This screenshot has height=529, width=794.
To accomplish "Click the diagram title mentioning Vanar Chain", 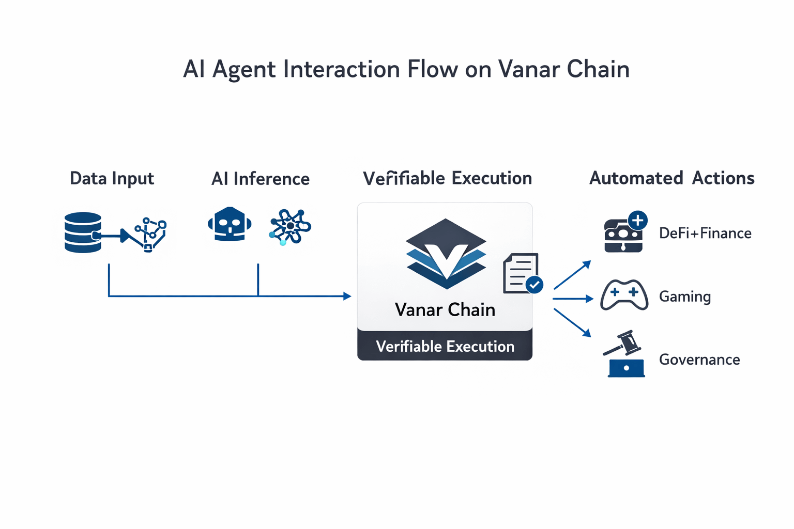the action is click(406, 69).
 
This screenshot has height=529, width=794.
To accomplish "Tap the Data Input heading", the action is click(112, 178).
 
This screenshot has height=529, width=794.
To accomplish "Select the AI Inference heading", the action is click(261, 179).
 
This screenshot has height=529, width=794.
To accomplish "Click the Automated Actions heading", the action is click(671, 178).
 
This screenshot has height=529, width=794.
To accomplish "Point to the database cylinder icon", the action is click(83, 232).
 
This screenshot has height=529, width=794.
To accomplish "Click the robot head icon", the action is click(230, 224).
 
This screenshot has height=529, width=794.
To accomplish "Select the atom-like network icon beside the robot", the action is click(290, 227).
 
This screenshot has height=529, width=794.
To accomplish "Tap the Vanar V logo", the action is click(446, 254).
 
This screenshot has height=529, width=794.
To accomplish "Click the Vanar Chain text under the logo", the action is click(445, 309).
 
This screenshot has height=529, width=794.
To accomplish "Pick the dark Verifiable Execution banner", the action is click(445, 346).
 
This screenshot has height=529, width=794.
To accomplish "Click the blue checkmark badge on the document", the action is click(535, 285).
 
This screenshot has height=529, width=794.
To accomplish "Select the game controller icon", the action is click(624, 295).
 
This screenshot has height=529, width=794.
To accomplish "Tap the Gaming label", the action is click(685, 297).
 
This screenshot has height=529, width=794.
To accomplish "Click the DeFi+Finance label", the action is click(706, 233).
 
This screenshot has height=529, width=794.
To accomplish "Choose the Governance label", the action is click(699, 360).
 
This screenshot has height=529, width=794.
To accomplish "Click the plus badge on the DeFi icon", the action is click(638, 221).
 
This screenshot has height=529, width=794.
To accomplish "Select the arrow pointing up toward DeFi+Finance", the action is click(572, 275).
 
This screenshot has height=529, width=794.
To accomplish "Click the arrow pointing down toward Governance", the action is click(572, 323).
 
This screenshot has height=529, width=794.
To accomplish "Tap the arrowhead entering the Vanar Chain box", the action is click(347, 296).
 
